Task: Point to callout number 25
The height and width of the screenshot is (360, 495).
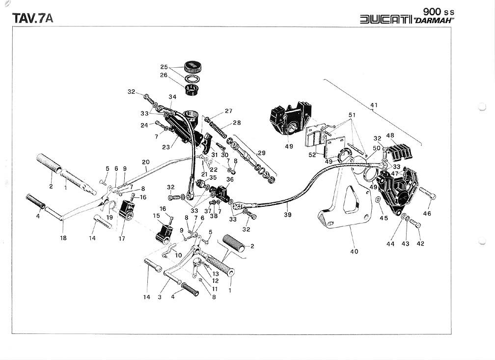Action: click(164, 67)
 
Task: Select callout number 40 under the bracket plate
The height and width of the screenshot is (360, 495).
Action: click(354, 251)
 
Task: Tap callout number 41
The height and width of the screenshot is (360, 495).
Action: click(374, 105)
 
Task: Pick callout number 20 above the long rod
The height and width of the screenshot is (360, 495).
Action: click(145, 162)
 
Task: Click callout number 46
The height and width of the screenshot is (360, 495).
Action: click(427, 214)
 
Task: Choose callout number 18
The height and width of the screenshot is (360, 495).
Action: click(63, 238)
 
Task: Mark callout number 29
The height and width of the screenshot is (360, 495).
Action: click(262, 153)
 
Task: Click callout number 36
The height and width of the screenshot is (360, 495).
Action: click(230, 179)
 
